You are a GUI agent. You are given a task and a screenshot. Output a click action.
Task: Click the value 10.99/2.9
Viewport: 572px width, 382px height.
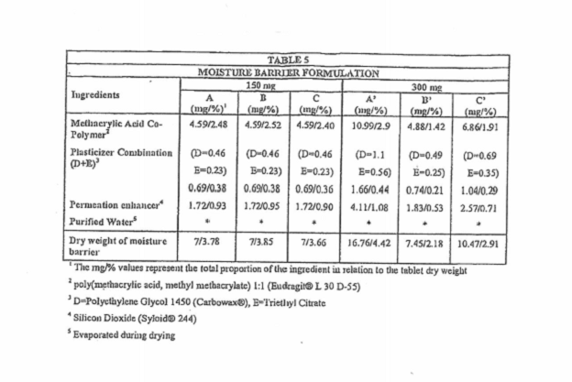pos(372,121)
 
